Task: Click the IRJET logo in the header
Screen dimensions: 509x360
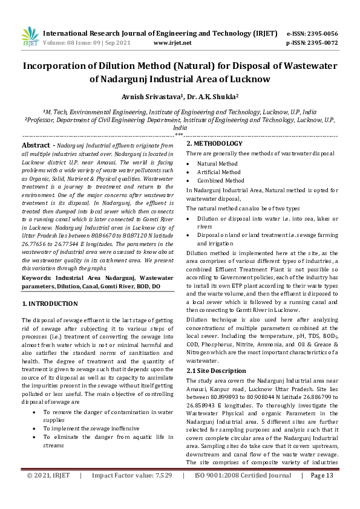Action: (30, 37)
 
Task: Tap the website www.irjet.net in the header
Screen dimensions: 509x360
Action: (172, 43)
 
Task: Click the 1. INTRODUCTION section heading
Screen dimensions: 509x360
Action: (50, 303)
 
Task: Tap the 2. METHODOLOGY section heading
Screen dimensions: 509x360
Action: (214, 144)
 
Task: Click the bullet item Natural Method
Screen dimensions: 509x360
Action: (217, 164)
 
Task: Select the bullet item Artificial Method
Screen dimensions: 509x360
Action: (218, 172)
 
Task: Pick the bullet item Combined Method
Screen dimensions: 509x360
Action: (220, 181)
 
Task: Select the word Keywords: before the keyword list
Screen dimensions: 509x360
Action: (36, 277)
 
